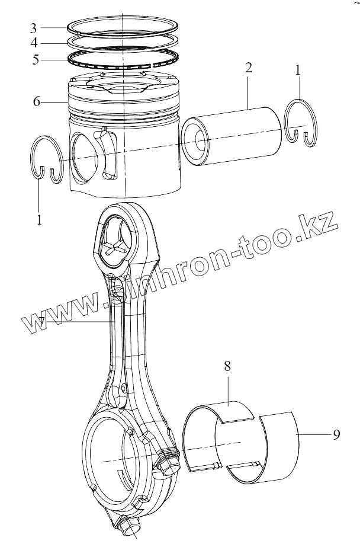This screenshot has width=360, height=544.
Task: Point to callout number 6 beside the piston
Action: tap(37, 101)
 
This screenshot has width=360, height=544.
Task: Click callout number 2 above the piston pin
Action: tap(248, 66)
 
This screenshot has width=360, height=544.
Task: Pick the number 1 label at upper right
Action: tap(298, 71)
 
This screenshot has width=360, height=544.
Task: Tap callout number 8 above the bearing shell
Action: tap(227, 366)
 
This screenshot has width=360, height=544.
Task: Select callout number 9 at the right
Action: tap(336, 435)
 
